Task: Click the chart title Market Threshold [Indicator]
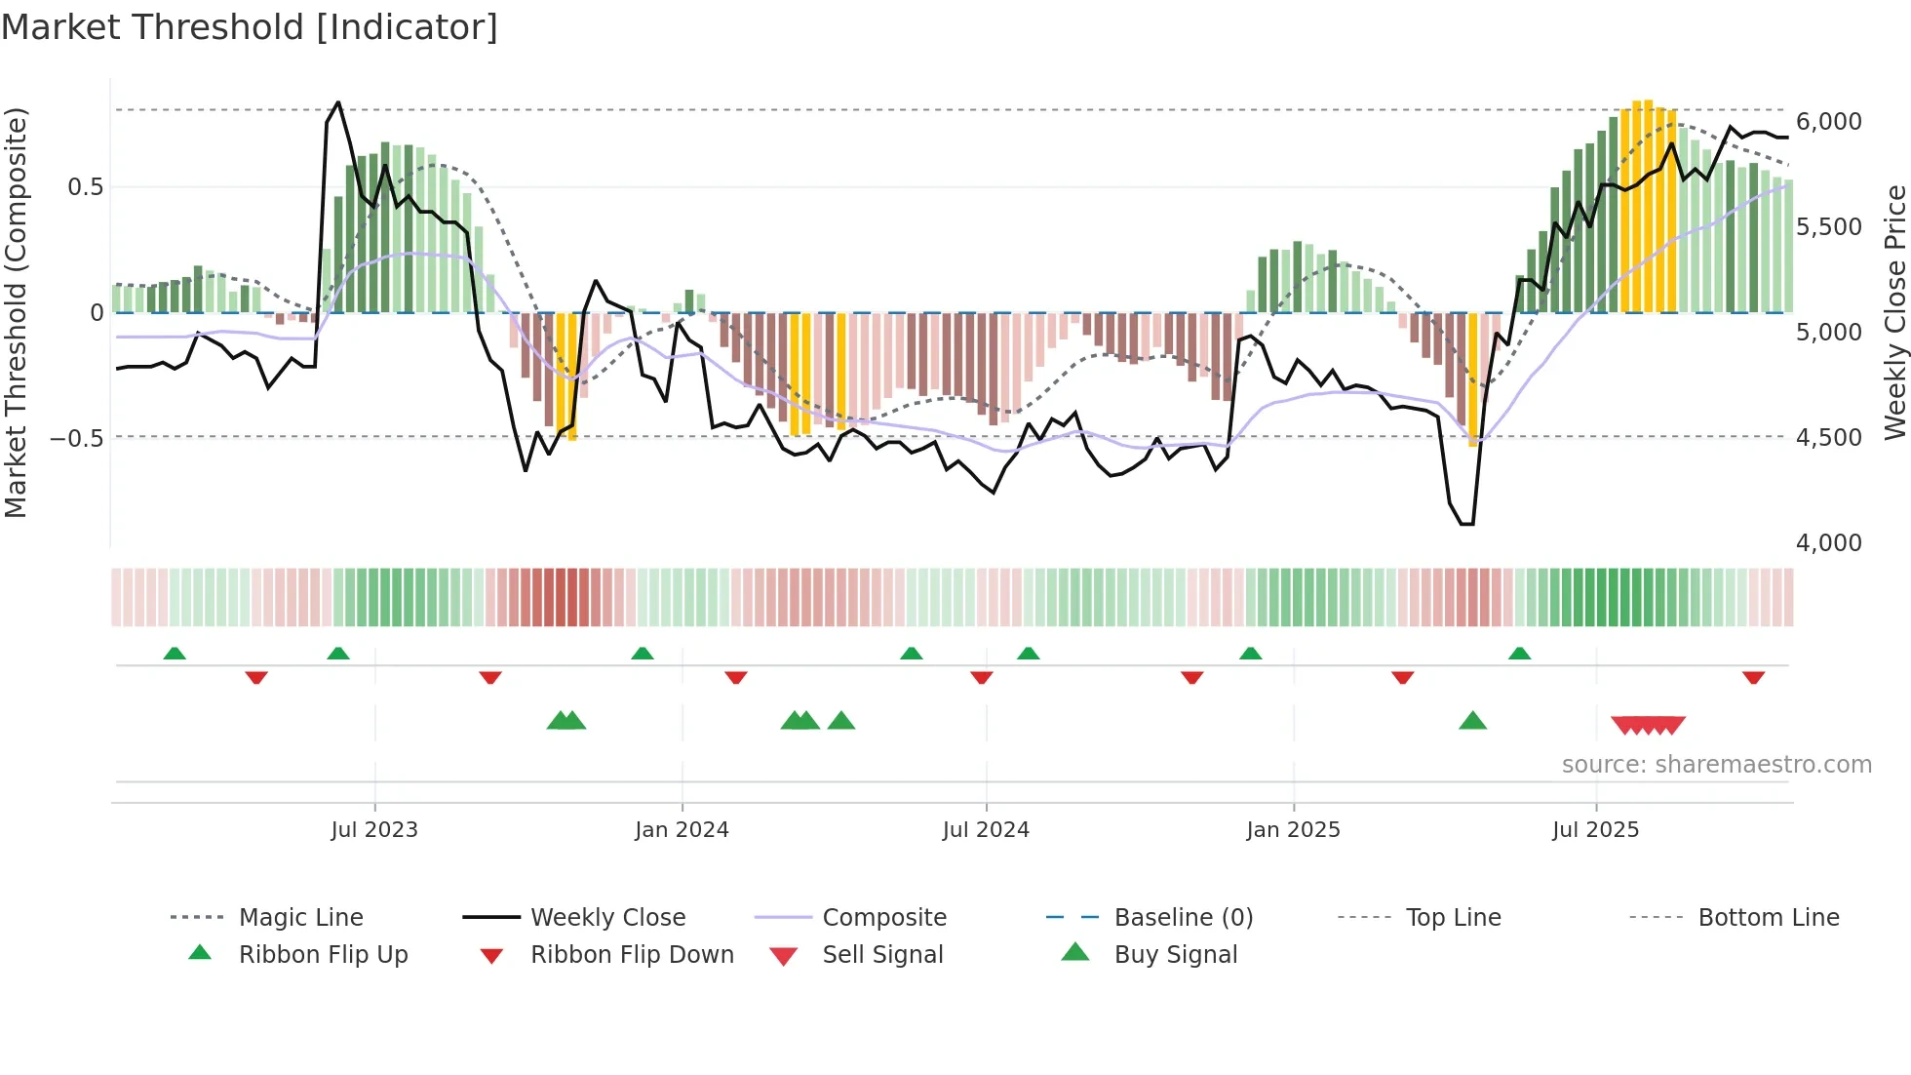[250, 27]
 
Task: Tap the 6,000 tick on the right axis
[1828, 122]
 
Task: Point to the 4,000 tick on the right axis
[1828, 543]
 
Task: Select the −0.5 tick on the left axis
[77, 438]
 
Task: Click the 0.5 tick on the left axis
[85, 187]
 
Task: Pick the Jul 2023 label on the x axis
[374, 830]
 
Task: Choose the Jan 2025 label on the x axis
[1293, 830]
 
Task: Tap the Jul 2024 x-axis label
[986, 830]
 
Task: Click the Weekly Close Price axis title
[1894, 312]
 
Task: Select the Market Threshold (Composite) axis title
[16, 312]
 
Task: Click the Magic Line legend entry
[300, 918]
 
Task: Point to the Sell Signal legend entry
[882, 955]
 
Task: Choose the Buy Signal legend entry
[1175, 955]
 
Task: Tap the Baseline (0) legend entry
[1183, 918]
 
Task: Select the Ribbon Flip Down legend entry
[632, 955]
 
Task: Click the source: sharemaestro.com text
[1716, 765]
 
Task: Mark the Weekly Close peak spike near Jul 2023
[338, 102]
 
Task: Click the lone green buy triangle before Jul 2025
[1472, 721]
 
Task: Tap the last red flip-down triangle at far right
[1753, 677]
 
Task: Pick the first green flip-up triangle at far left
[175, 654]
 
